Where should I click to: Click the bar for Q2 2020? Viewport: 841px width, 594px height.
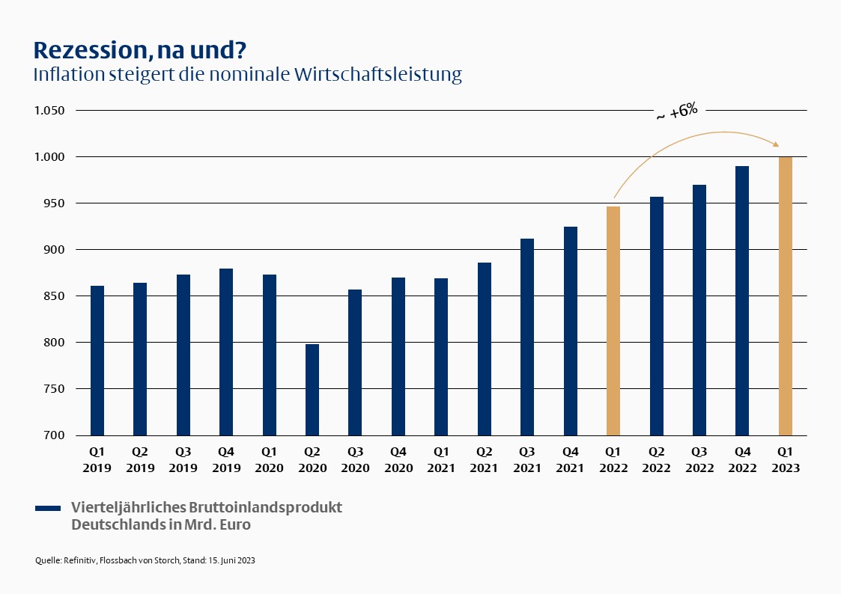312,389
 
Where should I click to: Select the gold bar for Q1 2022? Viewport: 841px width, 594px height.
613,321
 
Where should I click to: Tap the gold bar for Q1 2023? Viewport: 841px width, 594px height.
785,296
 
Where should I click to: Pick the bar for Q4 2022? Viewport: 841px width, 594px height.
742,300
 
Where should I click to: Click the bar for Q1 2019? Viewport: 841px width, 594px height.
97,360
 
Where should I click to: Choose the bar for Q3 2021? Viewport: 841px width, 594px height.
527,337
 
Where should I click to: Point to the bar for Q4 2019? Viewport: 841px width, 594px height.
226,352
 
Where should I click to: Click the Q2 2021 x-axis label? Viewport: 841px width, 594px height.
485,460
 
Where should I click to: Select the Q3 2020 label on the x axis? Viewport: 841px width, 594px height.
355,460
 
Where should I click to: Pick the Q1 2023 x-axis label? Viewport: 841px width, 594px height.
785,460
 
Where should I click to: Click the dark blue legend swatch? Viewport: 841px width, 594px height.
48,509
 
